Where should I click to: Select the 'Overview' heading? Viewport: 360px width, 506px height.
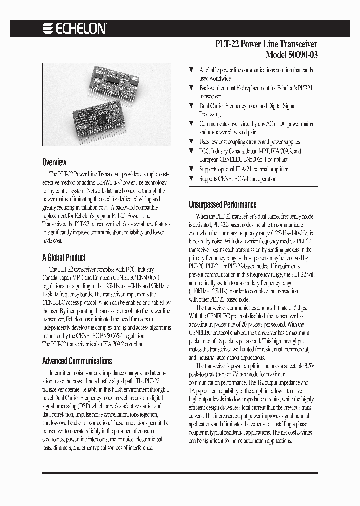tap(54, 162)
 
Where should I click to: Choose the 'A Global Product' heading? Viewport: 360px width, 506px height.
tap(63, 258)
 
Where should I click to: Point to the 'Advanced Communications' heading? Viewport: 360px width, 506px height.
tap(77, 361)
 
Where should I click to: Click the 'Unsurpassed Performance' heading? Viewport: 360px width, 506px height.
tap(222, 204)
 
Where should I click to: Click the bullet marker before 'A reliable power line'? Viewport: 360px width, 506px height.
tap(191, 70)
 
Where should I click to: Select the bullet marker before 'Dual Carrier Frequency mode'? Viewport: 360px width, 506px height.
tap(191, 106)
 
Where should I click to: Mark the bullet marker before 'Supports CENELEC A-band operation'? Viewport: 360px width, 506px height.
tap(191, 178)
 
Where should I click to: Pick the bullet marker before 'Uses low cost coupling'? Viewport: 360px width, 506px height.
tap(191, 142)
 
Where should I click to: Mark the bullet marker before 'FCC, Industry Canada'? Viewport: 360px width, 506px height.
tap(191, 151)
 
